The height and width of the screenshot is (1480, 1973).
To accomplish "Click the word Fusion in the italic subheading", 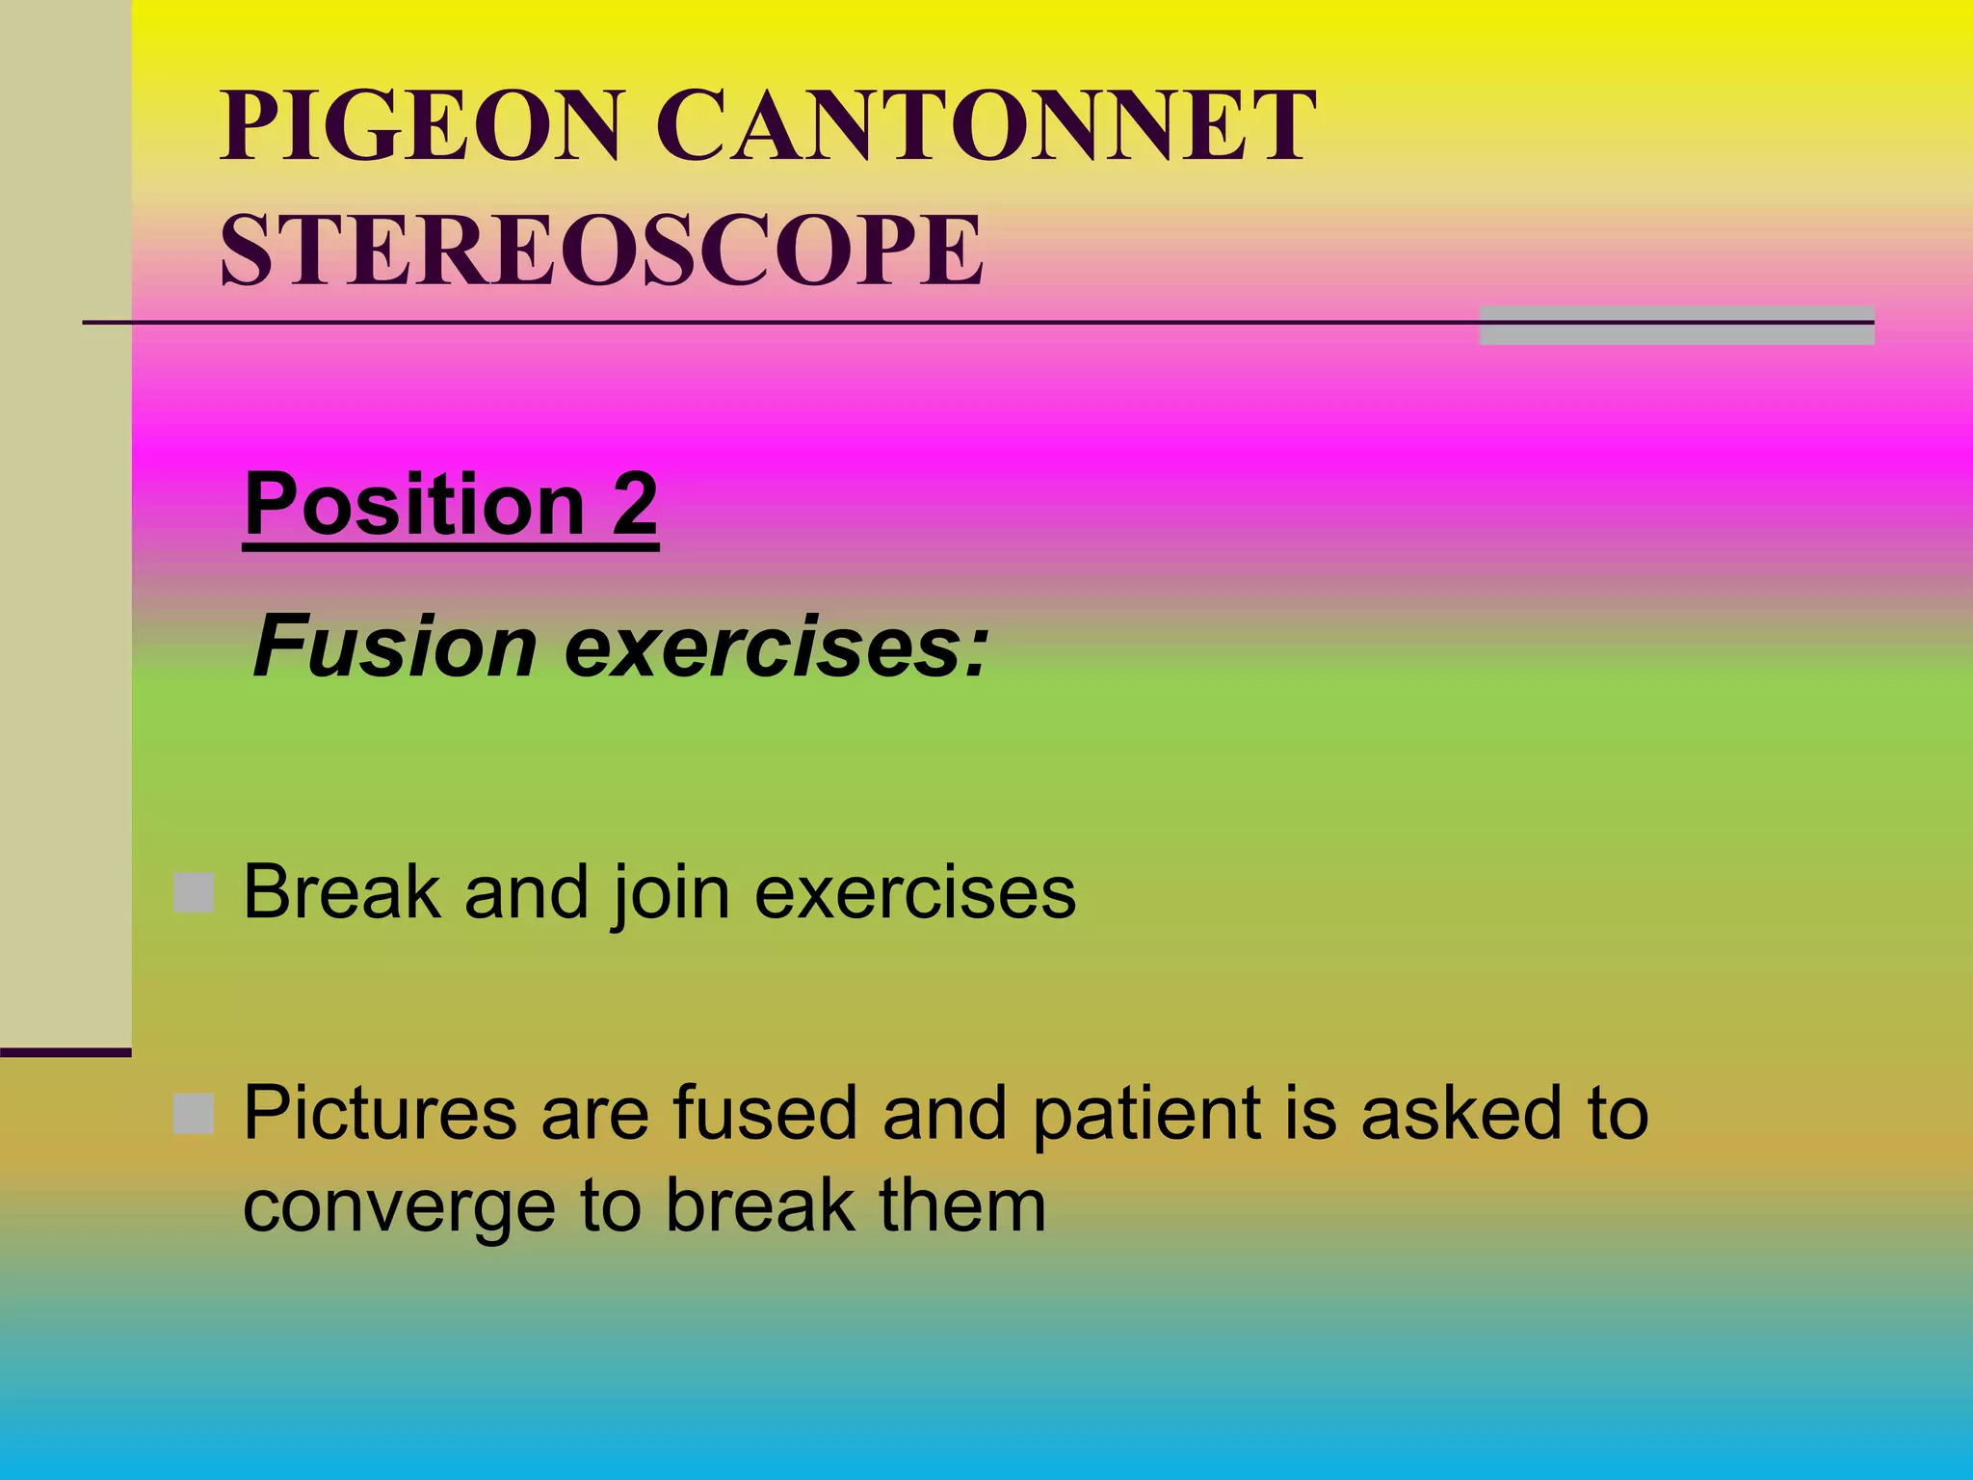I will click(394, 647).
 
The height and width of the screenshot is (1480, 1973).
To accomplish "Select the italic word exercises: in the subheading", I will click(776, 647).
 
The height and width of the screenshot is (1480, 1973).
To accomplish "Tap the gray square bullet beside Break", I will click(194, 893).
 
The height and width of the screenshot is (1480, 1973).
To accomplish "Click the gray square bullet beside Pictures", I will click(194, 1114).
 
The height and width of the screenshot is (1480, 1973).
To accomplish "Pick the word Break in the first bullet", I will click(342, 892).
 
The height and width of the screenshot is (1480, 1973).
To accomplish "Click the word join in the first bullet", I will click(671, 894).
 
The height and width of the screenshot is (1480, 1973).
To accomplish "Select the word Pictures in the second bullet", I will click(380, 1113).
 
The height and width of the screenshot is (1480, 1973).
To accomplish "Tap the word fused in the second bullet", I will click(764, 1113).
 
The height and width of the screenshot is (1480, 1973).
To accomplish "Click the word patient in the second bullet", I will click(1146, 1115).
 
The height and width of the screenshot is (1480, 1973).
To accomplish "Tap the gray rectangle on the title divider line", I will click(1676, 326).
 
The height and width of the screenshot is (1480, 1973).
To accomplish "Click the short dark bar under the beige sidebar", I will click(66, 1052).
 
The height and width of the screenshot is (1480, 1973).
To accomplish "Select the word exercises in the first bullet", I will click(914, 892).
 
